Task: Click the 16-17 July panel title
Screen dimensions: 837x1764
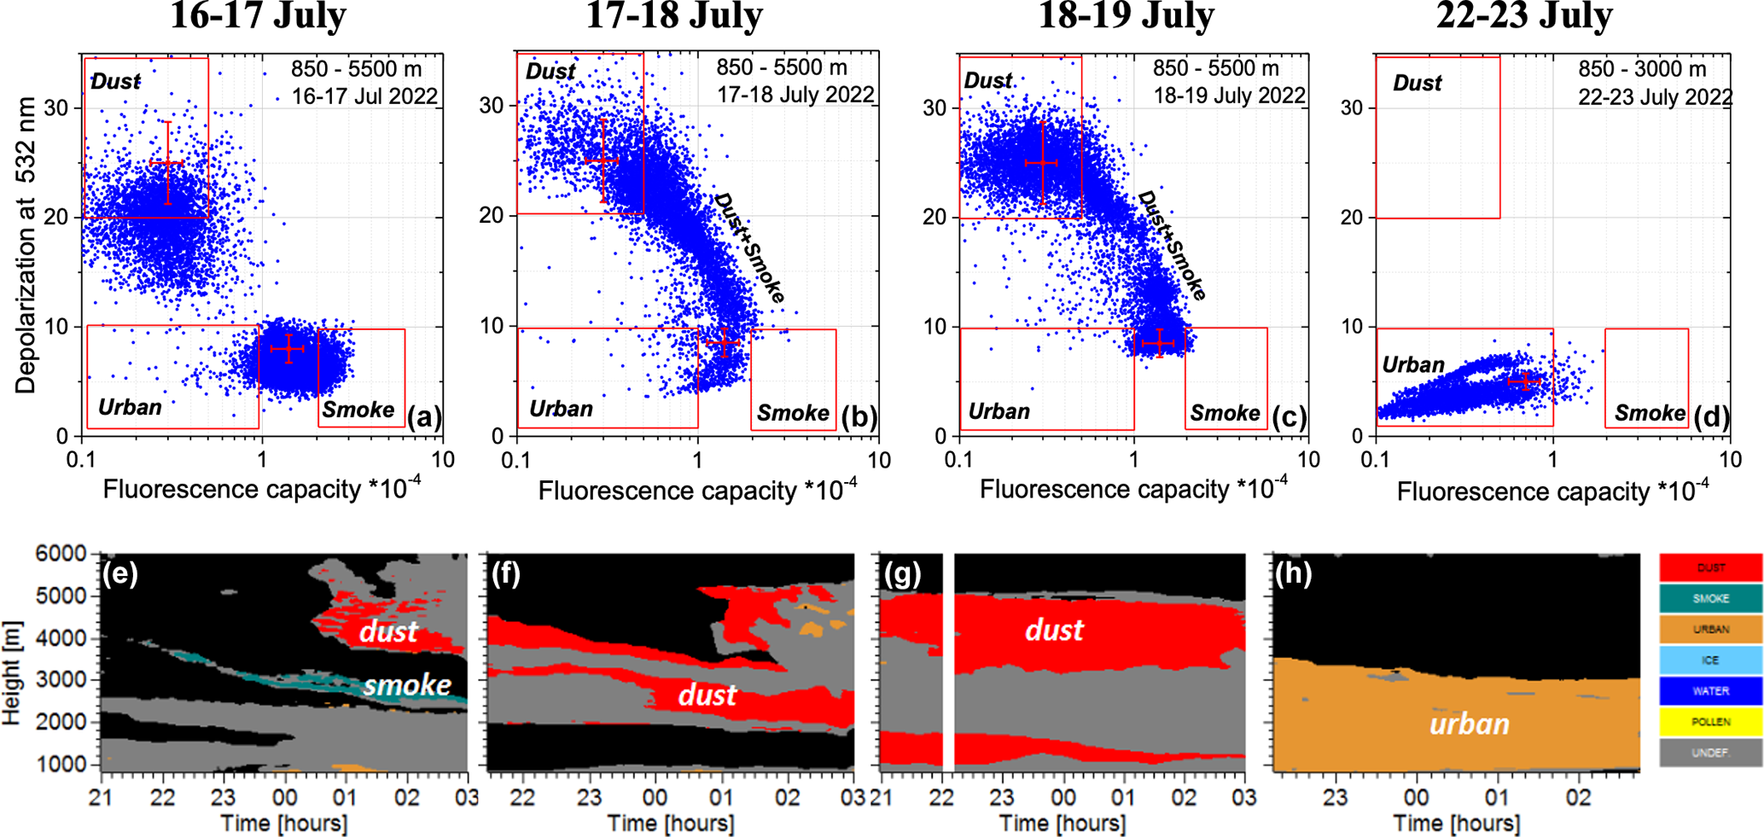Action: coord(258,15)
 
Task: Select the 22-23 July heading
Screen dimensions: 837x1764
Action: coord(1524,15)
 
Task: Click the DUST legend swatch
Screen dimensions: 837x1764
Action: coord(1710,567)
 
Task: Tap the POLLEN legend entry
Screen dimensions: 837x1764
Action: coord(1710,722)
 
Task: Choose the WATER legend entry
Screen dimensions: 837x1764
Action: coord(1710,691)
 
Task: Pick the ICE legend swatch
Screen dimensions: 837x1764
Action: coord(1710,660)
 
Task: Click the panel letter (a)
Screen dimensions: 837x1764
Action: coord(424,417)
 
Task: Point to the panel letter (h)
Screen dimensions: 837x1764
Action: coord(1293,574)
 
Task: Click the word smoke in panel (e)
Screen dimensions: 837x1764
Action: coord(407,685)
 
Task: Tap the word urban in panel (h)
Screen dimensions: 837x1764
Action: coord(1469,724)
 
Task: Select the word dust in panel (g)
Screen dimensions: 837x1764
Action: coord(1054,631)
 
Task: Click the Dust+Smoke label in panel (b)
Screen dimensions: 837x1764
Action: coord(748,247)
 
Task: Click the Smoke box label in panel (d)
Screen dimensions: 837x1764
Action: coord(1649,414)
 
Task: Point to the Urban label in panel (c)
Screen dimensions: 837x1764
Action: coord(998,412)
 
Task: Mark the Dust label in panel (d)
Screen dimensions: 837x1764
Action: coord(1417,84)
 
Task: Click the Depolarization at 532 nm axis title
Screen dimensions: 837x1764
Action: coord(26,246)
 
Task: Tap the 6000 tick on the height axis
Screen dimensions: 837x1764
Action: coord(62,554)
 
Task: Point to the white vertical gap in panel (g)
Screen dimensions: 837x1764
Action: coord(948,662)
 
